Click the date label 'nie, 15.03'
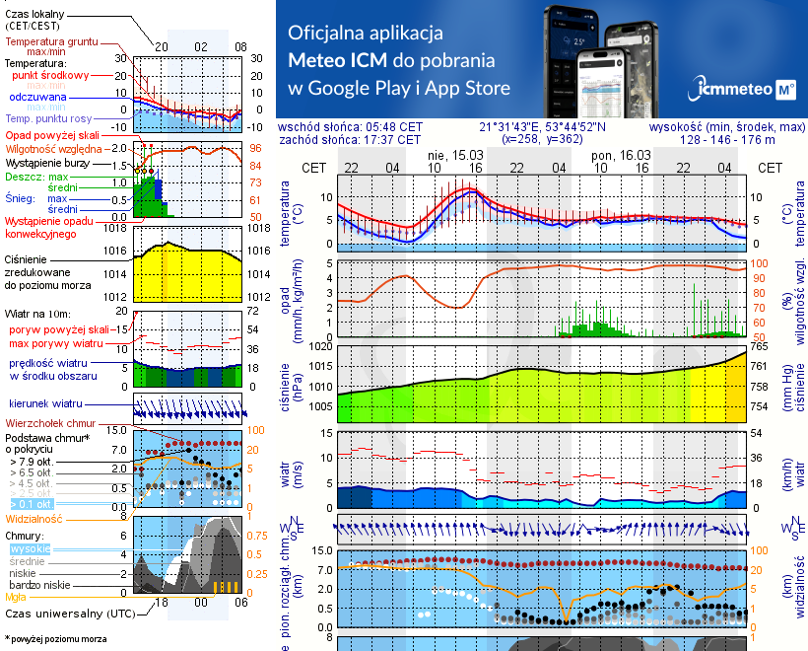click(x=454, y=155)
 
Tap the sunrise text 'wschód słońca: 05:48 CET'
click(x=350, y=127)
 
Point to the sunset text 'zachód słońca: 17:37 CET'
click(x=350, y=140)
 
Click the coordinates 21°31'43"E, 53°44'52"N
click(x=543, y=127)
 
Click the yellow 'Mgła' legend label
click(x=16, y=597)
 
